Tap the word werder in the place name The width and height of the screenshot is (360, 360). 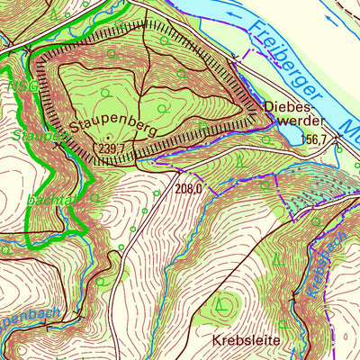click(289, 121)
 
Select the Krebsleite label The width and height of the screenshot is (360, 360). click(246, 342)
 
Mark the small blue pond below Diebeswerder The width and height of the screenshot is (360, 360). click(292, 136)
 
